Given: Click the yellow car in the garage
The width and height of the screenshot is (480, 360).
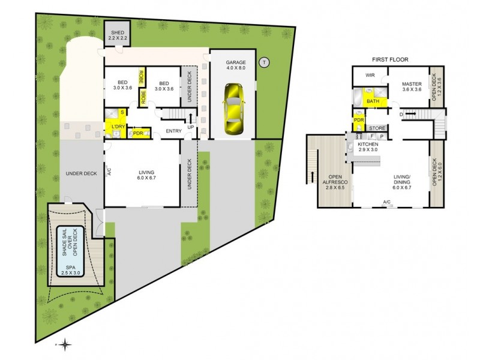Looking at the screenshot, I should click(232, 109).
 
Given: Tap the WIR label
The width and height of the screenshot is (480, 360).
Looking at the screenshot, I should click(370, 75).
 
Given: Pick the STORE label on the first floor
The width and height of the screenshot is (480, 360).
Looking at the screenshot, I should click(377, 128).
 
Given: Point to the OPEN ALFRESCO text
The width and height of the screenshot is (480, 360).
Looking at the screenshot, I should click(331, 181).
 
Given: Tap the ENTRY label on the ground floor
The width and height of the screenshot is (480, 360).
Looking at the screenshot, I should click(173, 131).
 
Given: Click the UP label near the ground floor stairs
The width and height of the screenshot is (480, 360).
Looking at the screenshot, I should click(191, 127).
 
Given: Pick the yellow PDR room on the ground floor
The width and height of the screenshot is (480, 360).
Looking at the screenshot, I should click(137, 133).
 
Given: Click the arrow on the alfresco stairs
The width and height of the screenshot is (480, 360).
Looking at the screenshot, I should click(312, 176).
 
